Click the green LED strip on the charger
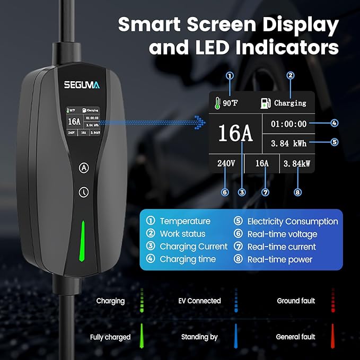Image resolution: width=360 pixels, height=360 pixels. point(83,241)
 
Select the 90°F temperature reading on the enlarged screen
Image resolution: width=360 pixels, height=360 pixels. point(230,103)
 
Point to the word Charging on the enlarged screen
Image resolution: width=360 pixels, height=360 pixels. point(290,103)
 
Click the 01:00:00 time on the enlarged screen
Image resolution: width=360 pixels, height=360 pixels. point(288,124)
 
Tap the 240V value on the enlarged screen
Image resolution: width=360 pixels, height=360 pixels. point(226,164)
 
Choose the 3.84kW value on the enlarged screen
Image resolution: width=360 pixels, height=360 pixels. point(297,164)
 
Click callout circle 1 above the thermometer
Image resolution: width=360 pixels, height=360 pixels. point(230,75)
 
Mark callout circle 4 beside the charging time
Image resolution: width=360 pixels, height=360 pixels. point(334,123)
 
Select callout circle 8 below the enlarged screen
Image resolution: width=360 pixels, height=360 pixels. point(297,192)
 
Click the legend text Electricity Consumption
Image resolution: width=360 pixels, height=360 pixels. point(293,222)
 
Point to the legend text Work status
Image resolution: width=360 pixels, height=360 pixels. point(182,234)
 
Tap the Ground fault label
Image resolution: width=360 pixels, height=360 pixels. point(296,301)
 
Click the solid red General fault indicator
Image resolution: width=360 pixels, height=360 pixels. point(332,336)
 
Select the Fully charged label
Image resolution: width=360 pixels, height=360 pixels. point(111,337)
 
